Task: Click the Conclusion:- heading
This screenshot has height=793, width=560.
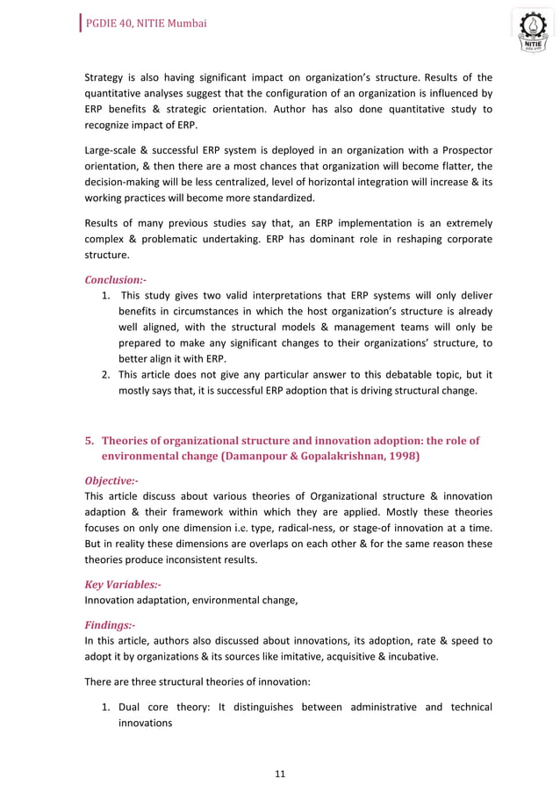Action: tap(115, 280)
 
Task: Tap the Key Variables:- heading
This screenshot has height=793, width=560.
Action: tap(123, 584)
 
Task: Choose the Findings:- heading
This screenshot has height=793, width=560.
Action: tap(110, 624)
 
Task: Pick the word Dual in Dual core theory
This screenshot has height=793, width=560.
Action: tap(133, 708)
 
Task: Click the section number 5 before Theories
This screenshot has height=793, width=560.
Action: tap(88, 440)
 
